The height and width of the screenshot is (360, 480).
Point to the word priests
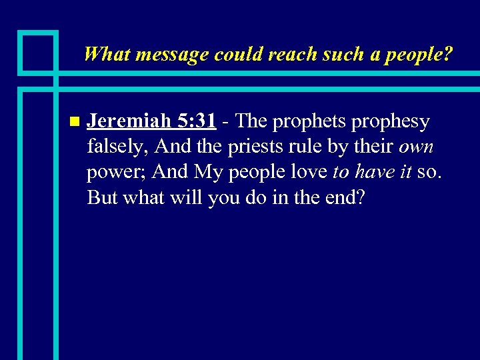(254, 147)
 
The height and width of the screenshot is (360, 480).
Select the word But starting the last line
(101, 198)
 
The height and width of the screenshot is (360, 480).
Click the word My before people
(207, 173)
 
